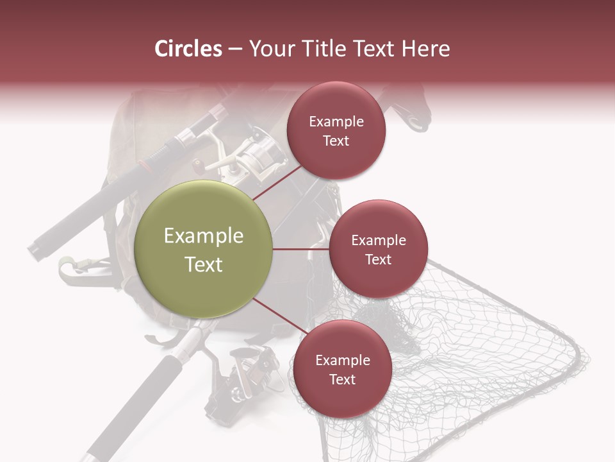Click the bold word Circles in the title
click(x=188, y=49)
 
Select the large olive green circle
click(x=204, y=249)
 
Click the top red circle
click(x=336, y=130)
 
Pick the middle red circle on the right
click(x=378, y=249)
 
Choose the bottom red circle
click(x=342, y=369)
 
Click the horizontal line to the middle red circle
click(x=300, y=249)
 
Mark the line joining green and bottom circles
click(x=277, y=316)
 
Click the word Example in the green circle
click(x=204, y=236)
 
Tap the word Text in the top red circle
click(x=336, y=141)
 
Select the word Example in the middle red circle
click(x=378, y=240)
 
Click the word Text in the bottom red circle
click(x=342, y=379)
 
